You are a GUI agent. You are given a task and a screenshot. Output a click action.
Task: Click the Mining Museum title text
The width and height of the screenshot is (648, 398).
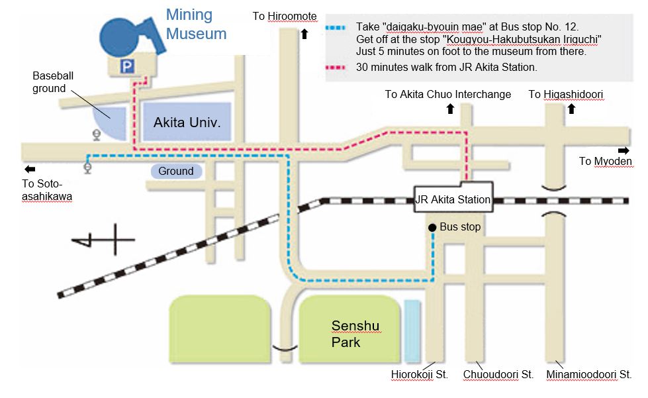[197, 25]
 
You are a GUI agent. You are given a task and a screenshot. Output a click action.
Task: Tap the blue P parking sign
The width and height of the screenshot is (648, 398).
[127, 66]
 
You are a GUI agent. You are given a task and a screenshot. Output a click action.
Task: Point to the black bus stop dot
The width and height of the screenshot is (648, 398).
[432, 227]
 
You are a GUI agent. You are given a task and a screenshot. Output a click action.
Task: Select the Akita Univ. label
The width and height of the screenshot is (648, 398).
[187, 123]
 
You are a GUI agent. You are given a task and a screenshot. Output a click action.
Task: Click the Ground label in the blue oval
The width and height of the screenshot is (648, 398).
[175, 171]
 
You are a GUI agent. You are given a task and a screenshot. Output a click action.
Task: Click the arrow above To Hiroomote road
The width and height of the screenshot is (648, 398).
[304, 34]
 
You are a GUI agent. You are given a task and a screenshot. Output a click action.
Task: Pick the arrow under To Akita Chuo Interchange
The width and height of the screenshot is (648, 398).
[451, 109]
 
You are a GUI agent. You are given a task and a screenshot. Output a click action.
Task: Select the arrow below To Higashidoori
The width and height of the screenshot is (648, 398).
[571, 109]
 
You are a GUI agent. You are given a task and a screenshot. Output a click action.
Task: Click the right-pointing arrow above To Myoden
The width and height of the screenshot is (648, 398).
[624, 150]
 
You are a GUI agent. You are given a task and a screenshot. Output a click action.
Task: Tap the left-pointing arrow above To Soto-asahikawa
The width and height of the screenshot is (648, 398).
[30, 169]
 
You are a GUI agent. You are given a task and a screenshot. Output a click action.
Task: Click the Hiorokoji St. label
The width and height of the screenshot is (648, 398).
[420, 374]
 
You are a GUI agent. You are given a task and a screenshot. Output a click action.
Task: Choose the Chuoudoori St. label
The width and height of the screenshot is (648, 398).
[498, 374]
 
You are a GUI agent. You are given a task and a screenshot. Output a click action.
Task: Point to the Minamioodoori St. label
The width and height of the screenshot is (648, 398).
[589, 374]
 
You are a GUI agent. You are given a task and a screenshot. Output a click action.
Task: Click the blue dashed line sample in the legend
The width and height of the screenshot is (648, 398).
[335, 28]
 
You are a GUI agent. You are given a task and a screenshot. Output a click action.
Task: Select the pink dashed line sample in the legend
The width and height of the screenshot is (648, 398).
[335, 68]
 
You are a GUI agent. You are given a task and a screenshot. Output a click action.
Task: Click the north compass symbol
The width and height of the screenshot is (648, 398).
[103, 240]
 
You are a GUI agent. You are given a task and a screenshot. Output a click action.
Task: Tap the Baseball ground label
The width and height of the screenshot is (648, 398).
[53, 82]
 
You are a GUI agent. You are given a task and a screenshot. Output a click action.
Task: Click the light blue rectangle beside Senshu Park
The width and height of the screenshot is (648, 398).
[412, 332]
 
